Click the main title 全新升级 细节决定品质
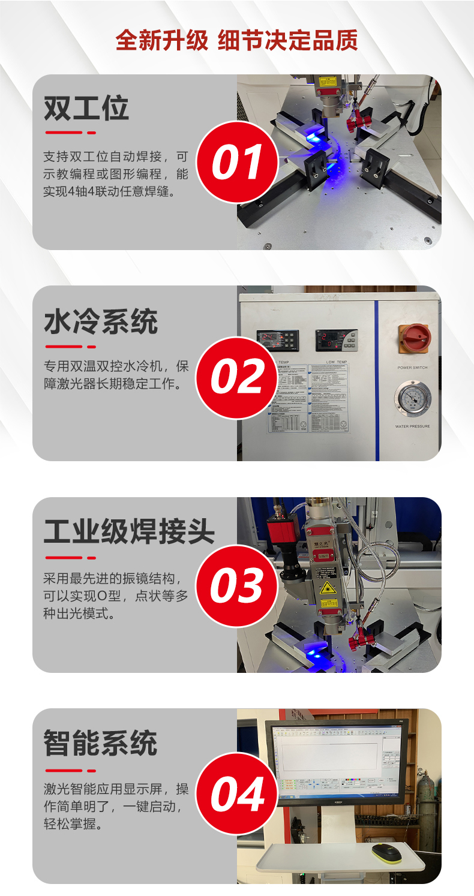pyautogui.click(x=236, y=41)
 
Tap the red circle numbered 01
pyautogui.click(x=237, y=162)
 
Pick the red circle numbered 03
pyautogui.click(x=237, y=586)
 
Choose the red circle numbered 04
pyautogui.click(x=237, y=794)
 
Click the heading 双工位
pyautogui.click(x=86, y=109)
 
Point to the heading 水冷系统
pyautogui.click(x=100, y=322)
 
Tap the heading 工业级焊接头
pyautogui.click(x=128, y=531)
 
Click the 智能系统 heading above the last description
pyautogui.click(x=100, y=744)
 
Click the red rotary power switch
pyautogui.click(x=413, y=339)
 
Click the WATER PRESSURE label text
pyautogui.click(x=412, y=426)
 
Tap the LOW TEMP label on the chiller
pyautogui.click(x=336, y=362)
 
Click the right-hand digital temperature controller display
pyautogui.click(x=335, y=341)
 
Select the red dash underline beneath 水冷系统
pyautogui.click(x=70, y=346)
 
